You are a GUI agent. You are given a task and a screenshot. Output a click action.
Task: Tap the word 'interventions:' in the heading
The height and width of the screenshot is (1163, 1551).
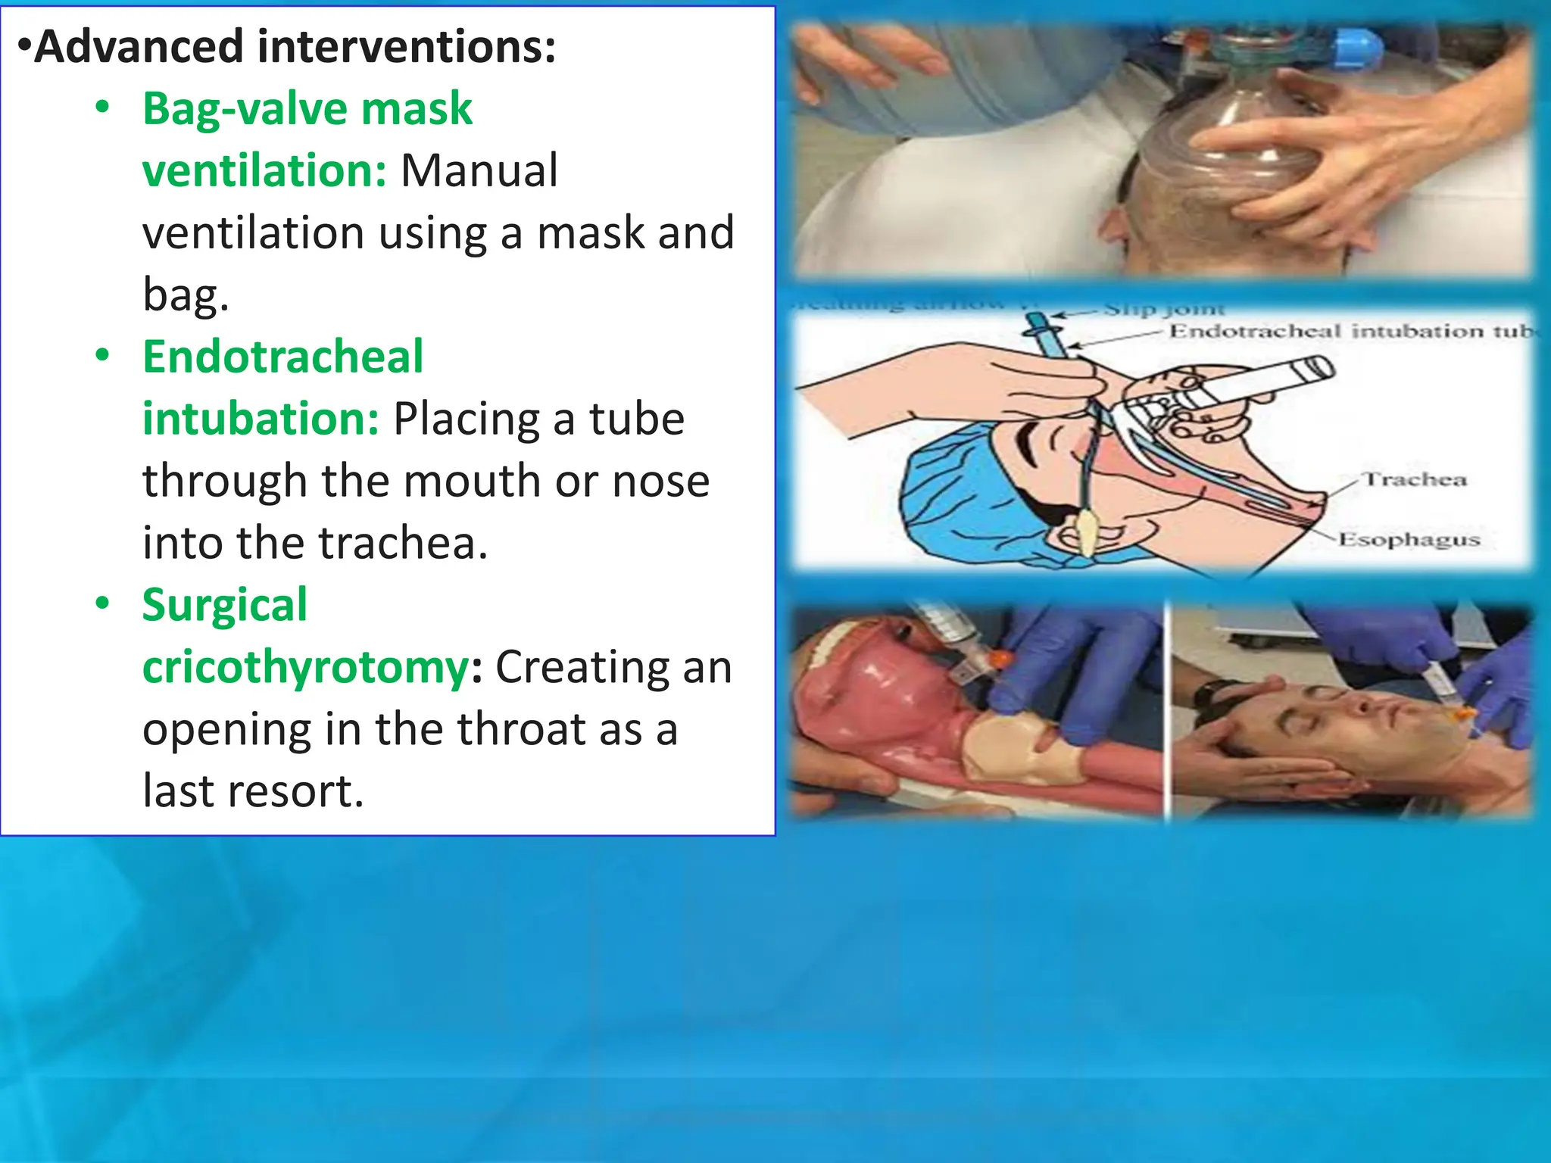[x=407, y=47]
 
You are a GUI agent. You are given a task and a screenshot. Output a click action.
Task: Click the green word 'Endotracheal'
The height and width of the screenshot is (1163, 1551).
[x=282, y=357]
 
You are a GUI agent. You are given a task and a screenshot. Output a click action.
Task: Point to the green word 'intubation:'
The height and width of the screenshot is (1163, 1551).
[x=261, y=419]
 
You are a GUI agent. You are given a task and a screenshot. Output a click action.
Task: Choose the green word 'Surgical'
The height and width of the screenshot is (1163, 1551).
[x=224, y=605]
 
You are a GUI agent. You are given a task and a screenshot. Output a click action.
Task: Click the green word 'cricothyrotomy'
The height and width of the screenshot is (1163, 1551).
[x=306, y=667]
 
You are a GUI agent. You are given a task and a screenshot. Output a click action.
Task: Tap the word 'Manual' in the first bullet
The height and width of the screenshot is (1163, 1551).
[x=479, y=170]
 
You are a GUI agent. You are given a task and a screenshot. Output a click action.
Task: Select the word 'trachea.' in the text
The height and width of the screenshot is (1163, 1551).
[x=403, y=543]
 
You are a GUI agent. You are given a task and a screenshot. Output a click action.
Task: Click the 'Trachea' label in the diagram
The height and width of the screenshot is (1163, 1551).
[x=1415, y=479]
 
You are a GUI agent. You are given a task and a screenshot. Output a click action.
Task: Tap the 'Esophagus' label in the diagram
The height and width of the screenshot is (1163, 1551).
[x=1409, y=539]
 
